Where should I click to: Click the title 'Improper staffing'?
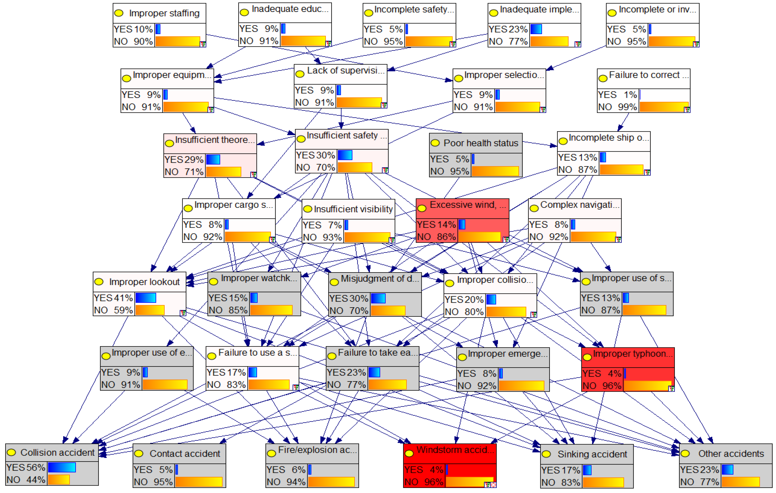pyautogui.click(x=164, y=13)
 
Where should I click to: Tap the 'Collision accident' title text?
pyautogui.click(x=57, y=452)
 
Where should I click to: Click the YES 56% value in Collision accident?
pyautogui.click(x=26, y=468)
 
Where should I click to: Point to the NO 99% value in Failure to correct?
pyautogui.click(x=617, y=107)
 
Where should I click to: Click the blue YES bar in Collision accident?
pyautogui.click(x=62, y=468)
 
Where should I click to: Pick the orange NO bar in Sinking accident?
pyautogui.click(x=603, y=482)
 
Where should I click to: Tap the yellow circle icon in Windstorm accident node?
pyautogui.click(x=409, y=453)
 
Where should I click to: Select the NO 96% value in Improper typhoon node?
pyautogui.click(x=602, y=386)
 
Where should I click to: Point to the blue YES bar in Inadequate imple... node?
pyautogui.click(x=536, y=29)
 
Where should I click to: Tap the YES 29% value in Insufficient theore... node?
pyautogui.click(x=184, y=160)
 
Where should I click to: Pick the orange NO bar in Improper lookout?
pyautogui.click(x=150, y=310)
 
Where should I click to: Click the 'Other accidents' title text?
pyautogui.click(x=731, y=454)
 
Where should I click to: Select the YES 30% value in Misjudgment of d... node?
pyautogui.click(x=348, y=298)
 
